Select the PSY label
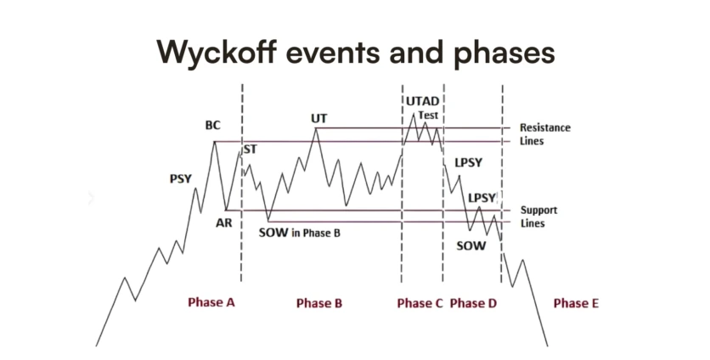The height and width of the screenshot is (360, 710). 181,179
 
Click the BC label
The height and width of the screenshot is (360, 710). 212,125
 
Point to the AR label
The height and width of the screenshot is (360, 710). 223,222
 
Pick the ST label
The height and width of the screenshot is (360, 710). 250,149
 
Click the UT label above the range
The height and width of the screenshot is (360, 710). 318,119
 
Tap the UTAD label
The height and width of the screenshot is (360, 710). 422,101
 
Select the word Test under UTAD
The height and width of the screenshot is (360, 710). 428,115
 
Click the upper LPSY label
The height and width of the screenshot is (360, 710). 469,162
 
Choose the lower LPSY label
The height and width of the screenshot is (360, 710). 482,198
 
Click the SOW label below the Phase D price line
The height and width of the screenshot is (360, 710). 471,246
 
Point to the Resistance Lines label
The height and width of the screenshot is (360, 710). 544,134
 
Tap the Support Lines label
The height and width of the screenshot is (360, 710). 538,217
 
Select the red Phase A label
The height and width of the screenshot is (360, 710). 211,302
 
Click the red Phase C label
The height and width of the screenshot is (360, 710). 420,303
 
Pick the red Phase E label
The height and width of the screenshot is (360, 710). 576,303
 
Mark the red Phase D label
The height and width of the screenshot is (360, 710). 473,303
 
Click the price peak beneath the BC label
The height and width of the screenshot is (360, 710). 214,142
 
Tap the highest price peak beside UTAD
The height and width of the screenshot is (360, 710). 413,114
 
